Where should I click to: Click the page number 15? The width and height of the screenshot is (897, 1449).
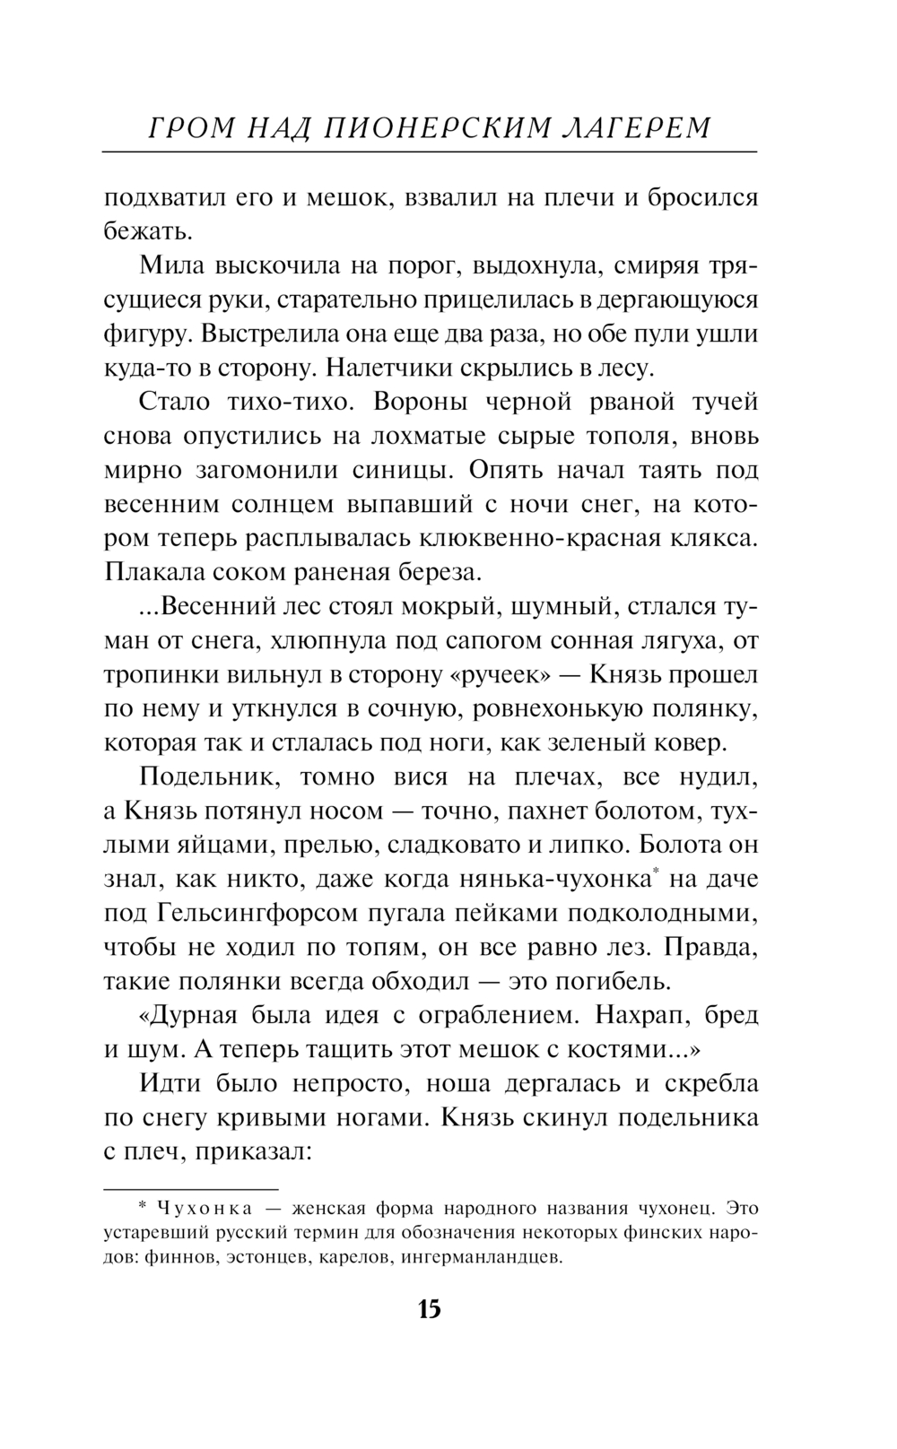point(429,1309)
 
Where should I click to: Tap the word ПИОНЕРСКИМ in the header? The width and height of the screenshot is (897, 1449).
point(436,129)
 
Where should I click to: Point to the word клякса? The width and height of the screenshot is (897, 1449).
point(714,538)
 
